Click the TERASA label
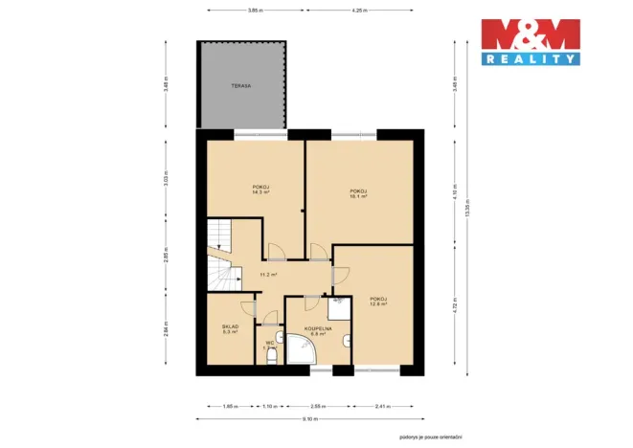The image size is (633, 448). pos(240,86)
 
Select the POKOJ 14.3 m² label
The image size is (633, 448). pos(260,190)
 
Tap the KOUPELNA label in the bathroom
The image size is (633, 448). pos(317,328)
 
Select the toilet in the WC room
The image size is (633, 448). pos(272,356)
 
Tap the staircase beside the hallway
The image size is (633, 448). pos(219,257)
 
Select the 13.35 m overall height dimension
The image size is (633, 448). pos(466,228)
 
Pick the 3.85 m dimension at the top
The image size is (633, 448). pos(253,11)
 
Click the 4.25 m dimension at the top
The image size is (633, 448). pos(358,11)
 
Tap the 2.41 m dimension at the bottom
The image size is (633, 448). pos(383,407)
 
